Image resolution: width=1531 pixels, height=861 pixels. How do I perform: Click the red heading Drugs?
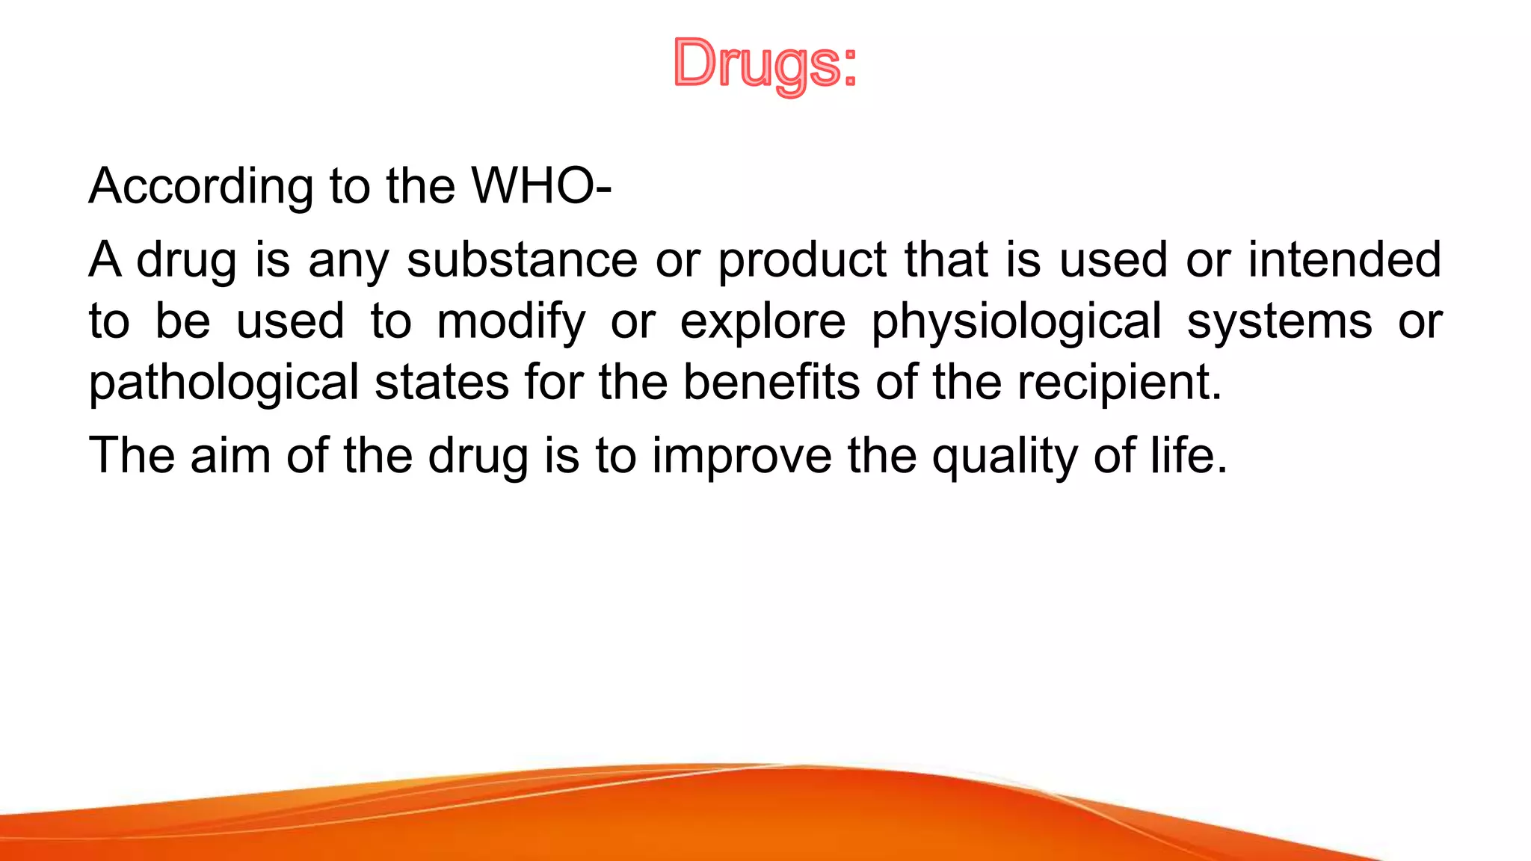tap(765, 64)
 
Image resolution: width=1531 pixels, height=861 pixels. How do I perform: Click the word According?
tap(200, 186)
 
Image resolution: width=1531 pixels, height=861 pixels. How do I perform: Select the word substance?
tap(522, 260)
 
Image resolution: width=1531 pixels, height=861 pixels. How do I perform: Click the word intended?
tap(1344, 260)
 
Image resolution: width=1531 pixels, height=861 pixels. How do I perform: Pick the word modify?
tap(511, 322)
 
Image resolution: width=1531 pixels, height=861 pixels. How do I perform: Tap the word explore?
tap(763, 322)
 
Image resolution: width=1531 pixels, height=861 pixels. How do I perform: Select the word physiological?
tap(1017, 322)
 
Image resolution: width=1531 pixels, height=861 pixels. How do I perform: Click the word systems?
tap(1279, 322)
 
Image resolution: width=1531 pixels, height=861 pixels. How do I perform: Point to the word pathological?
tap(224, 383)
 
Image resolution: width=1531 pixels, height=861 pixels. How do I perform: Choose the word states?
tap(442, 383)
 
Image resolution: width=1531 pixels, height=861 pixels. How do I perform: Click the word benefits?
tap(771, 383)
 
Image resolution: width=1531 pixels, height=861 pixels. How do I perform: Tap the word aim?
tap(230, 455)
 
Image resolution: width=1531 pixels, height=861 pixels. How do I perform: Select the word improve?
tap(742, 457)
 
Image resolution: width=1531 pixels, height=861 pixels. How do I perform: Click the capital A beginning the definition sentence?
tap(105, 260)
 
